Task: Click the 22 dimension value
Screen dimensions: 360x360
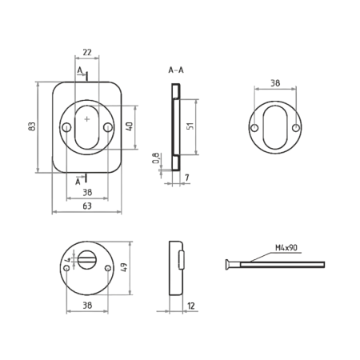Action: [x=87, y=52]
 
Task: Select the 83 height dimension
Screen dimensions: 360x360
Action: [x=32, y=126]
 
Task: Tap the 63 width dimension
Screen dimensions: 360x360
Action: [x=87, y=206]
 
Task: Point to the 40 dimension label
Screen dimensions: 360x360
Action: [x=130, y=126]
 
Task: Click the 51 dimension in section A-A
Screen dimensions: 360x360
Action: [x=190, y=126]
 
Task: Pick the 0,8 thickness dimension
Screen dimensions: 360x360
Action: [x=156, y=158]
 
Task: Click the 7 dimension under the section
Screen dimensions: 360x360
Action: [x=187, y=178]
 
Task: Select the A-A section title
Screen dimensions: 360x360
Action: [x=176, y=70]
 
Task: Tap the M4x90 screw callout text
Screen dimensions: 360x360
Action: [x=286, y=248]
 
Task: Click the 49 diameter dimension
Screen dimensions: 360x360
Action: [x=124, y=267]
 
